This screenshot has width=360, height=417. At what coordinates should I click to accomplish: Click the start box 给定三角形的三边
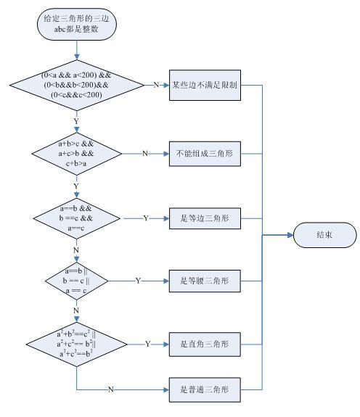click(77, 24)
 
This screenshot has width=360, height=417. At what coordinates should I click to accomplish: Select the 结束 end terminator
click(324, 235)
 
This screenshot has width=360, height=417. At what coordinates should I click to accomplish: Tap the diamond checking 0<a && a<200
click(77, 85)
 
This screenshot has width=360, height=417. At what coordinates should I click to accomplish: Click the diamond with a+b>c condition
click(77, 154)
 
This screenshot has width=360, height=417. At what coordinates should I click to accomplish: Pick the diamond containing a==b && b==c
click(77, 218)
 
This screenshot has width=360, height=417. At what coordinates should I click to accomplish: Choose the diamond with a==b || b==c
click(77, 281)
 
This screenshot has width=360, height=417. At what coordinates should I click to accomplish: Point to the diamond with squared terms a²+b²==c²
click(77, 344)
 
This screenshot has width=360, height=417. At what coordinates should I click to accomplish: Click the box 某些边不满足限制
click(205, 85)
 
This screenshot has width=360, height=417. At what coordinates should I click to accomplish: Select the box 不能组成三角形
click(205, 154)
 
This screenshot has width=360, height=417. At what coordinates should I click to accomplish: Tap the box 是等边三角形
click(205, 218)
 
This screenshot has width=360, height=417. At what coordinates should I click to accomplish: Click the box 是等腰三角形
click(205, 281)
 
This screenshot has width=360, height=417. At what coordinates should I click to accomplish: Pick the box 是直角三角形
click(205, 344)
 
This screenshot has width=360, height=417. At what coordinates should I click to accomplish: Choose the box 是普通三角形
click(205, 389)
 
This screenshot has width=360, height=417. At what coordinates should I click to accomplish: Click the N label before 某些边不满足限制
click(156, 85)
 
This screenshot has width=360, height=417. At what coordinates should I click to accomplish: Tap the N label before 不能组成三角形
click(145, 154)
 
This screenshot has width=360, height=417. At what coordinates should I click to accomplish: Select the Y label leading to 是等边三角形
click(146, 218)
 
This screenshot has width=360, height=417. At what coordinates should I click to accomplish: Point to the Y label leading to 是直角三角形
click(147, 344)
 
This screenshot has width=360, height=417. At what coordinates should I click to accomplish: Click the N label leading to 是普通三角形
click(111, 389)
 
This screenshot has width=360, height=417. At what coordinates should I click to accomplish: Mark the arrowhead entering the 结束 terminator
click(290, 235)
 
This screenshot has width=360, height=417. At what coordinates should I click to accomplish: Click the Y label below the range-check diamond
click(76, 121)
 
